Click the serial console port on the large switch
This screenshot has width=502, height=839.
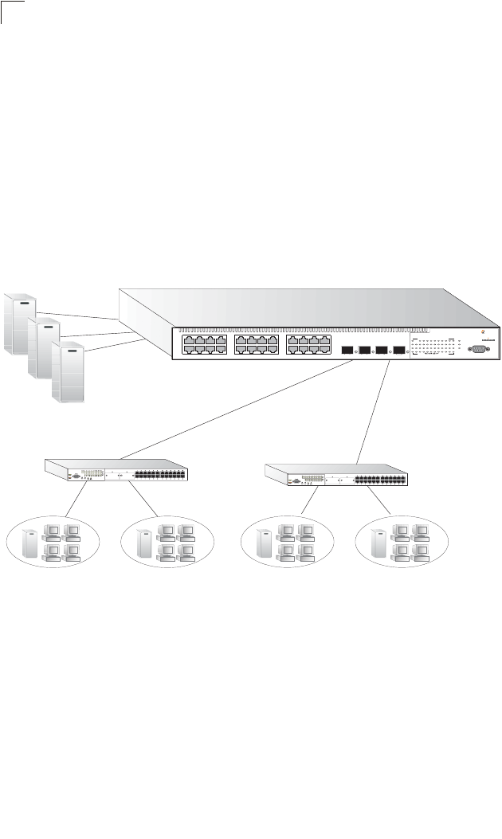pyautogui.click(x=479, y=348)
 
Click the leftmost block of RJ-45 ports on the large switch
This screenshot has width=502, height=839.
pyautogui.click(x=205, y=346)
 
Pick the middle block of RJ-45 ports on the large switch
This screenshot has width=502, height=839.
pyautogui.click(x=257, y=346)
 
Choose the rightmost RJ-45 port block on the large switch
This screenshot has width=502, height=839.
pyautogui.click(x=308, y=346)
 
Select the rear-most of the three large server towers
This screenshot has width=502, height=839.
pyautogui.click(x=20, y=323)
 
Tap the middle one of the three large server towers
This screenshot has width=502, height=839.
pyautogui.click(x=44, y=348)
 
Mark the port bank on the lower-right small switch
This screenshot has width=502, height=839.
pyautogui.click(x=380, y=480)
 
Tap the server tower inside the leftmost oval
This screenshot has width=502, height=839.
pyautogui.click(x=30, y=543)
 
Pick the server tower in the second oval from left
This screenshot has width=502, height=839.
pyautogui.click(x=145, y=543)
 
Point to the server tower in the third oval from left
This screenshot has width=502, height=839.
pyautogui.click(x=262, y=543)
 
